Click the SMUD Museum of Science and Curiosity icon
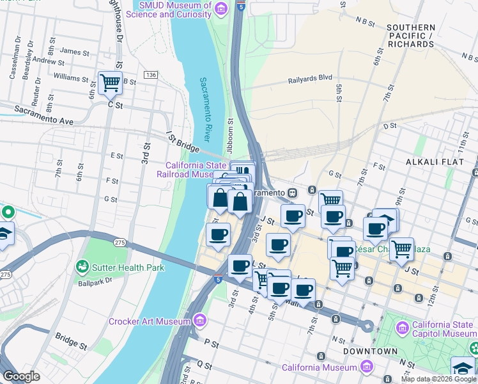click(x=221, y=8)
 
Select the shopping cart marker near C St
click(x=111, y=83)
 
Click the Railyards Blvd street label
click(x=310, y=77)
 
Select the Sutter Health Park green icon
click(x=82, y=266)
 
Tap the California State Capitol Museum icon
click(x=402, y=328)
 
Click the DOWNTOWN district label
click(x=371, y=352)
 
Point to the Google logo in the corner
click(x=21, y=376)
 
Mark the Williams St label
click(x=71, y=78)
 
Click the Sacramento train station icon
click(x=292, y=192)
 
